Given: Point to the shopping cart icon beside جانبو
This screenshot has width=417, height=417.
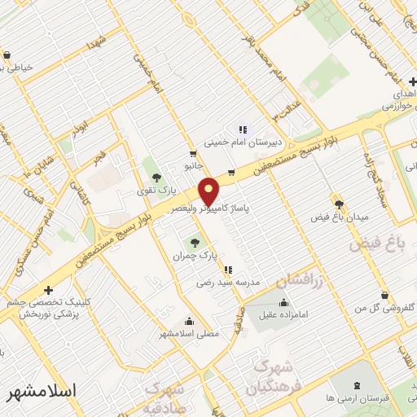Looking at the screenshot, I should click(192, 153).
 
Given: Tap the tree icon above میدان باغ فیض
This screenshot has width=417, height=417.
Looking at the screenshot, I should click(339, 204).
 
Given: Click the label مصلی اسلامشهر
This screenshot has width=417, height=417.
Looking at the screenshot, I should click(191, 332).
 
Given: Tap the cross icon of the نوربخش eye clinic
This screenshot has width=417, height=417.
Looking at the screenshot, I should click(48, 290).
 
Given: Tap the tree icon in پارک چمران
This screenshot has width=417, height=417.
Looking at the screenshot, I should click(194, 242).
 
